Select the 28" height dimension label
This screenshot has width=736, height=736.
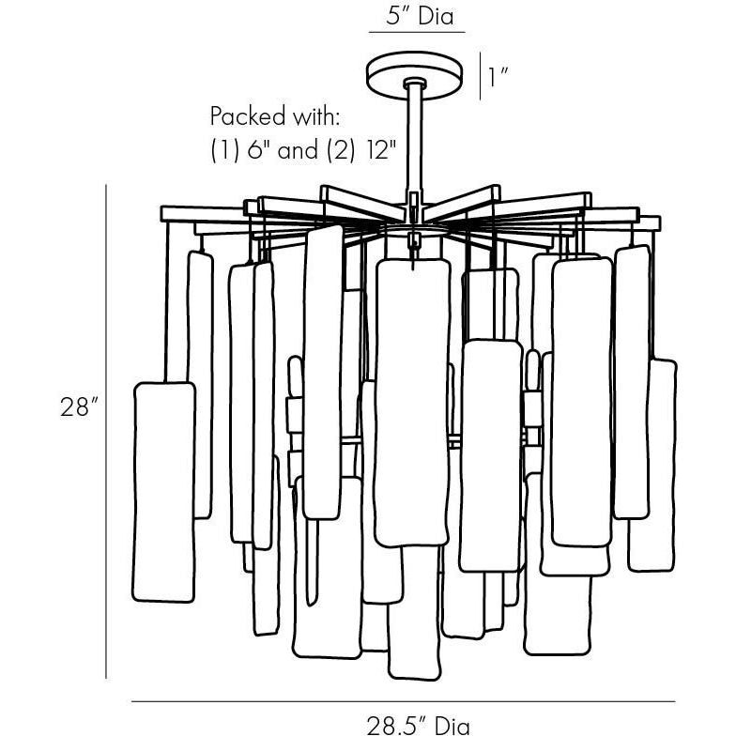[x=78, y=407]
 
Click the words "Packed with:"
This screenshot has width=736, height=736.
[x=273, y=117]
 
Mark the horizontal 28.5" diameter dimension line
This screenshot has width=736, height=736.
[x=403, y=700]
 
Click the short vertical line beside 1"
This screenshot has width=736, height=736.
[x=480, y=76]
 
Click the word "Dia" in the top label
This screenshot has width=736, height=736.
[x=437, y=15]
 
